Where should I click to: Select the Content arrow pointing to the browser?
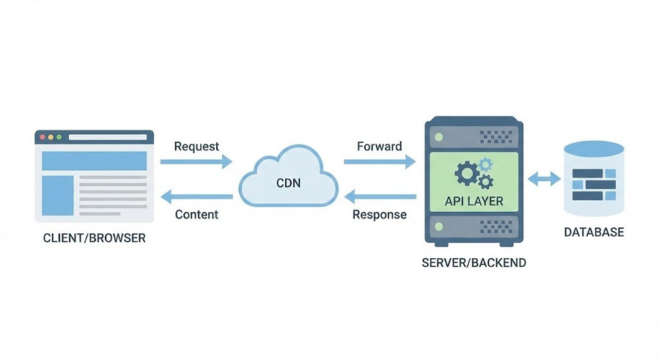point(196,196)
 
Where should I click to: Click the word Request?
point(196,146)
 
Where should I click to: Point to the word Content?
point(196,215)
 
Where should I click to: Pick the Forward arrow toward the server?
point(379,162)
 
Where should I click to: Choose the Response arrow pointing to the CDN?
point(380,196)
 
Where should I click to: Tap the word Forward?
point(379,146)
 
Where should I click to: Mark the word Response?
point(379,215)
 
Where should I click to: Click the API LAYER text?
point(474,201)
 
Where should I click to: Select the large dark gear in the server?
point(467,174)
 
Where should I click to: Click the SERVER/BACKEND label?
point(474,262)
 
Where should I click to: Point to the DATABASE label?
point(594,232)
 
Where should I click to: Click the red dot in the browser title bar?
point(43,137)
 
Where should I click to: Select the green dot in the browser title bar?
point(60,137)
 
